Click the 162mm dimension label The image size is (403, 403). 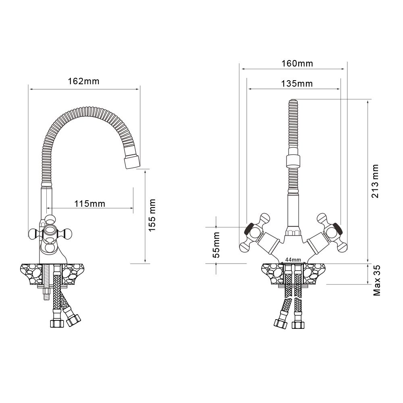point(83,81)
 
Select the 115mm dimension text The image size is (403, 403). point(89,204)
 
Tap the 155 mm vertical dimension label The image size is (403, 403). point(152,215)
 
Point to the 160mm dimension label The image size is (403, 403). point(297,63)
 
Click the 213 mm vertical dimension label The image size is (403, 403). point(375,181)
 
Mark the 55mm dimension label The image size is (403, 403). point(216,245)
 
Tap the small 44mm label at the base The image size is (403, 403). point(293,259)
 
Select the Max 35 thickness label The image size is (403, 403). point(377,281)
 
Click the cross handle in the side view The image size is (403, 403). point(50,233)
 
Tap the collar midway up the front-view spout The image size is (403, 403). point(293,161)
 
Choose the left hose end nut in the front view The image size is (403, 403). point(280,322)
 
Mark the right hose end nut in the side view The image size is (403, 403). point(74,320)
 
